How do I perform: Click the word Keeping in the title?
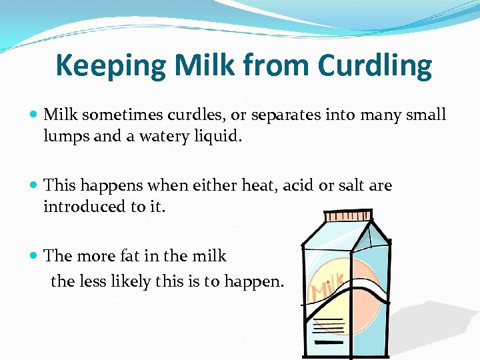(x=111, y=65)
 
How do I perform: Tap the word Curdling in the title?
(x=375, y=65)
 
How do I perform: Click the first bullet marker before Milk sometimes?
(x=35, y=115)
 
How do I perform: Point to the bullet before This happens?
(x=35, y=186)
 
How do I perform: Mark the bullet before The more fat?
(x=35, y=257)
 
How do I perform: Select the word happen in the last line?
(x=257, y=281)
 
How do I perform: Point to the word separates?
(x=287, y=115)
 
